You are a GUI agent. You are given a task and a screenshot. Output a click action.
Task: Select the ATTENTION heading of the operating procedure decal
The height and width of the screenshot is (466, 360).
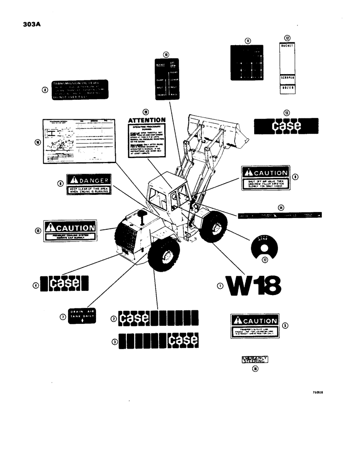coord(146,120)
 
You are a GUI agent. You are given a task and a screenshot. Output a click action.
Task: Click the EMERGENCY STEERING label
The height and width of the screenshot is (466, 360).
coord(255,359)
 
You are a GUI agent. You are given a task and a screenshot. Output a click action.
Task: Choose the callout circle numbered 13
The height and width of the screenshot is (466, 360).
coord(286,113)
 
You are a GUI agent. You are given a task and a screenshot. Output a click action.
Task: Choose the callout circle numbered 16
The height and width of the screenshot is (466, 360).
coord(38,143)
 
